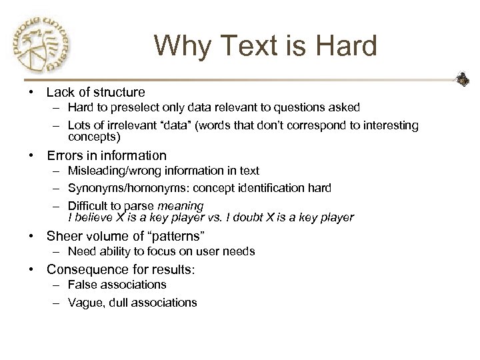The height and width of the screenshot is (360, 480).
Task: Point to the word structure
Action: point(118,92)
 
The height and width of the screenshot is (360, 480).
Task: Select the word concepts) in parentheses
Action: point(94,137)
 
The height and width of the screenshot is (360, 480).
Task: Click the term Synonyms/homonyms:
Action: point(117,188)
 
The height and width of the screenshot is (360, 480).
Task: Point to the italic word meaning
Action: point(181,206)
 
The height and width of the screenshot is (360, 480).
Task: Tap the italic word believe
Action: point(92,217)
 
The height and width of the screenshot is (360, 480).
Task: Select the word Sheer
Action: point(64,235)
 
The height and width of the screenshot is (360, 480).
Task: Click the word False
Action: point(81,285)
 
